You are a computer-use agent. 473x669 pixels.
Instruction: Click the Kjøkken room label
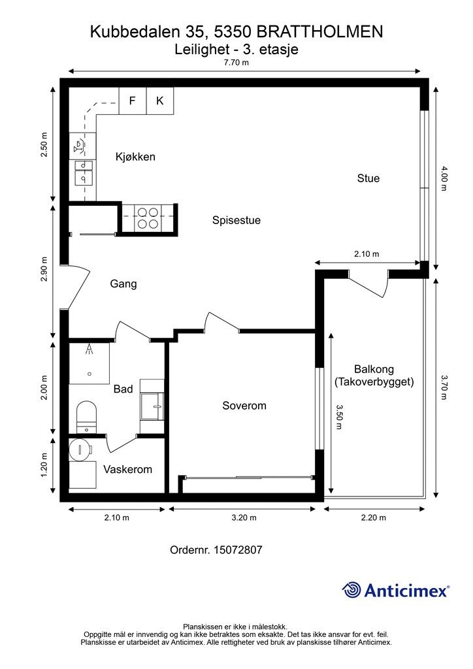(135, 157)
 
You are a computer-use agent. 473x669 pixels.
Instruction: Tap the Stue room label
(368, 178)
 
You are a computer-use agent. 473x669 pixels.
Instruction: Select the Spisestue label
(236, 221)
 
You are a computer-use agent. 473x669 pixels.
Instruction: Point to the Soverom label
(244, 406)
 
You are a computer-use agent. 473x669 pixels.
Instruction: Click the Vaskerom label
(127, 470)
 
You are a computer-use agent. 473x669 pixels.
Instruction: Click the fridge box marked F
(133, 101)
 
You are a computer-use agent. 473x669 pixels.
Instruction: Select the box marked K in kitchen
(160, 101)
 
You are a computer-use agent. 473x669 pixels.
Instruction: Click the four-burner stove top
(147, 218)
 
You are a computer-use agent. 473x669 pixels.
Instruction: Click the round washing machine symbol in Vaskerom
(80, 449)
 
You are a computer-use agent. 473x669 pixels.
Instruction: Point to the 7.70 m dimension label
(236, 63)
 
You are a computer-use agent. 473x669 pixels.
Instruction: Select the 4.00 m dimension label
(444, 179)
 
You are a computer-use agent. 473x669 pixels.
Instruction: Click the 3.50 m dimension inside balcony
(339, 417)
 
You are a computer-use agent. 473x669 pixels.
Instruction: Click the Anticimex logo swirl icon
(351, 590)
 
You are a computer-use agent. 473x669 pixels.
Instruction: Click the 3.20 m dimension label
(244, 518)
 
